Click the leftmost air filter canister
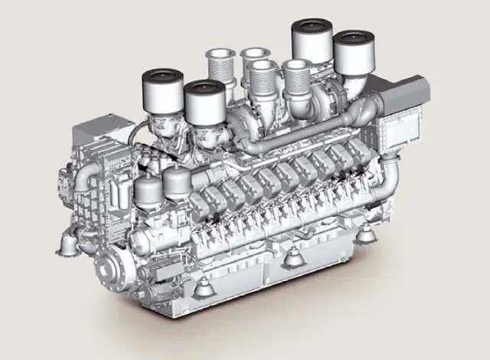pyautogui.click(x=162, y=90)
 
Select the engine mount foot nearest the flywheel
pyautogui.click(x=202, y=289)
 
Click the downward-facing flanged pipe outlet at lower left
pyautogui.click(x=66, y=244)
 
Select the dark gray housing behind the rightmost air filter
pyautogui.click(x=399, y=91)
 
